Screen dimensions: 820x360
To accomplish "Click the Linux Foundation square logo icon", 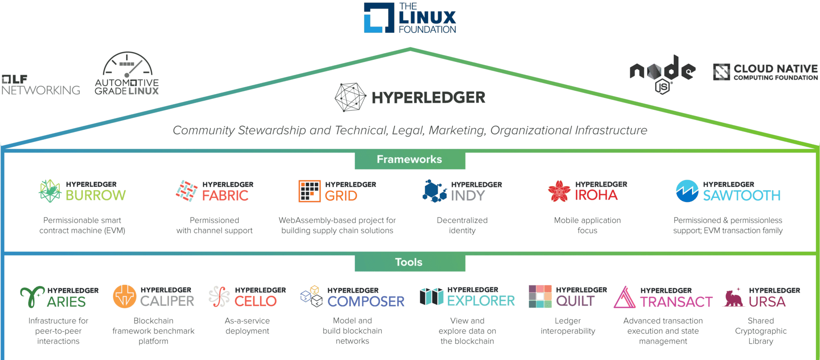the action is tap(379, 18).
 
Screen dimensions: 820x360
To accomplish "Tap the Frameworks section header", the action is tap(410, 159).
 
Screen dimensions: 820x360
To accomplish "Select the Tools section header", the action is tap(409, 262).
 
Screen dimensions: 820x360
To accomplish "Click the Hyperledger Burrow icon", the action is tap(50, 191).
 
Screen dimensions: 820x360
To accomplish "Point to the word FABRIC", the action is tap(225, 195).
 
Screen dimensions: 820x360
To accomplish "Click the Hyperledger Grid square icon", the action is tap(310, 191).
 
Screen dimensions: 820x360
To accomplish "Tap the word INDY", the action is tap(468, 195).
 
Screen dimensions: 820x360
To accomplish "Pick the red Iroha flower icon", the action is tap(559, 191).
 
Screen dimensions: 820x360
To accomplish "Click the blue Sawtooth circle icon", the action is tap(687, 191).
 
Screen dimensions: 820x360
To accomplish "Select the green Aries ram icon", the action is tap(32, 297).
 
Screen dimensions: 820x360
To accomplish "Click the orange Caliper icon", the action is tap(125, 296).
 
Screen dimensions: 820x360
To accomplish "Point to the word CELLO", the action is tap(256, 301).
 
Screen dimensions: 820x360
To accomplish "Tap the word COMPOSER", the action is tap(366, 302).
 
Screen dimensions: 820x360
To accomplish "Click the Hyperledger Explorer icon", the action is tap(431, 297).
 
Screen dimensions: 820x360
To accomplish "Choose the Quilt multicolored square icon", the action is tap(540, 296).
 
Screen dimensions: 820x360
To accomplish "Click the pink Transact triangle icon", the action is tap(625, 297).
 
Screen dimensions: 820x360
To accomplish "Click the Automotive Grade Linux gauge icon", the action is tap(128, 63).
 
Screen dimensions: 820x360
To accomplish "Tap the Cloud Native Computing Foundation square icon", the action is tap(722, 72).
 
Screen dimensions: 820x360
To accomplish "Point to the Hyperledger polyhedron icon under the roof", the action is tap(350, 97).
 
